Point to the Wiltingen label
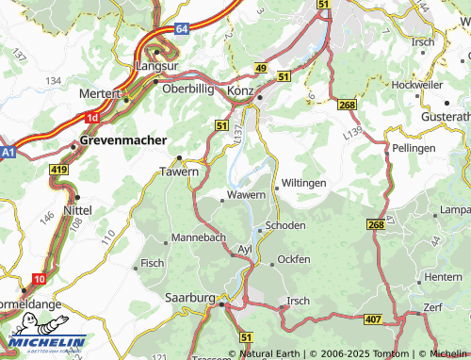coord(303,182)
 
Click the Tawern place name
coord(179,172)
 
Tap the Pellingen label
coord(414,150)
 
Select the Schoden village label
coord(285,227)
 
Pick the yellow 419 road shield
coord(59,170)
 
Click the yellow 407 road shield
coord(373,320)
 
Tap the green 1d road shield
coord(91,118)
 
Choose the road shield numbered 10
coord(40,279)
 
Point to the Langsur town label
coord(155,67)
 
